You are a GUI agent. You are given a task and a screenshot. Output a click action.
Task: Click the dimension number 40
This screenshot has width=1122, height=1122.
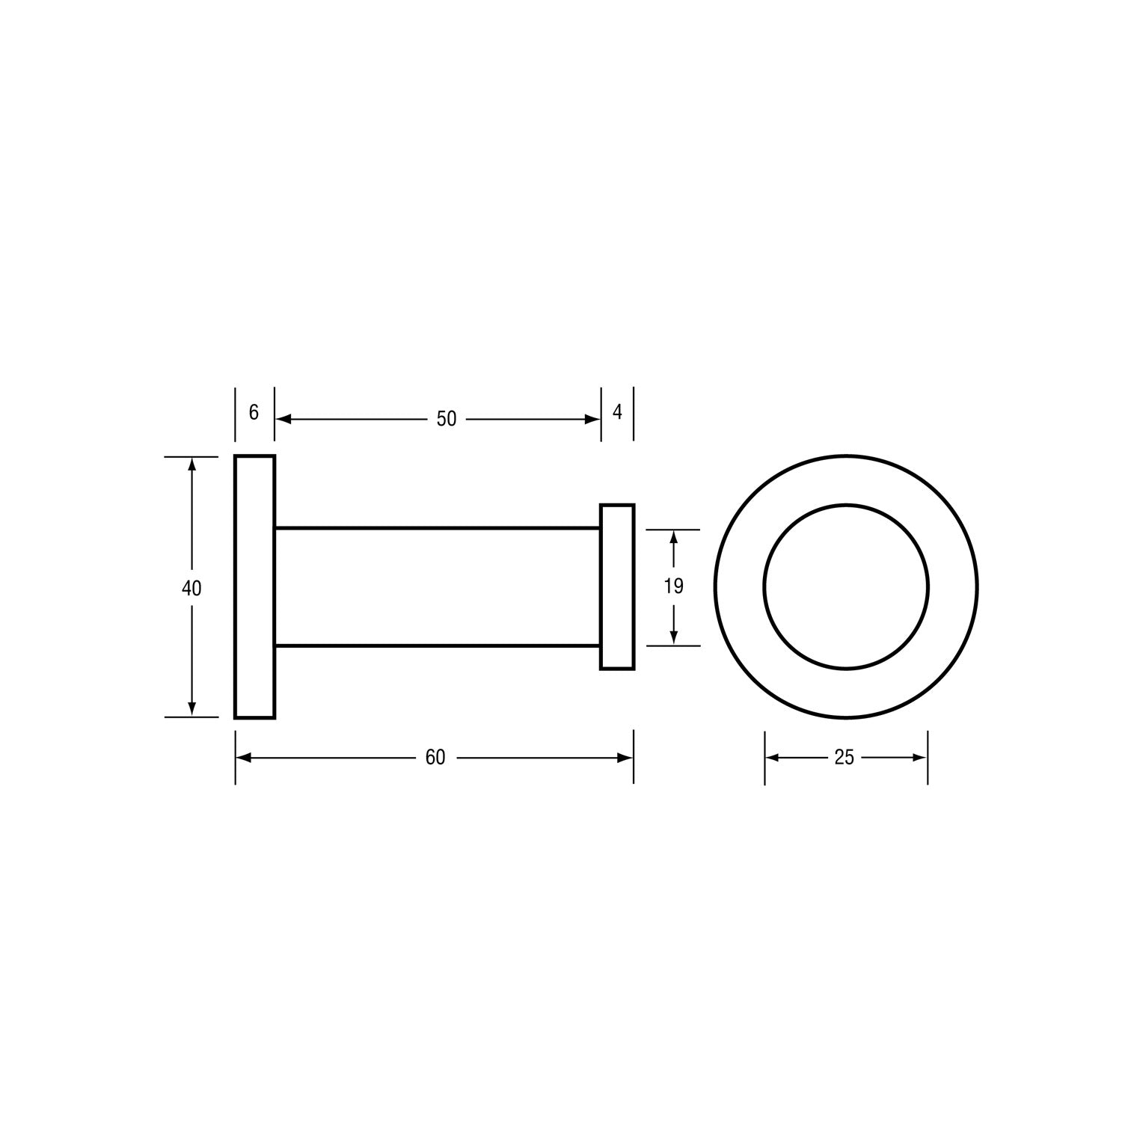[191, 589]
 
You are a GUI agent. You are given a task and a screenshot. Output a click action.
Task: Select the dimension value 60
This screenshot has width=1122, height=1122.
[435, 758]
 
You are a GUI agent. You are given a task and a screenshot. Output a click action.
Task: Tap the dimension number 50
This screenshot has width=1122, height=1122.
[446, 419]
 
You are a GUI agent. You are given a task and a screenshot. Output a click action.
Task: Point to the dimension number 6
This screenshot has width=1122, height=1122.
[254, 412]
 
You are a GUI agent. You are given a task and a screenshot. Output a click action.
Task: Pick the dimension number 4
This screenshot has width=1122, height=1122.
[618, 412]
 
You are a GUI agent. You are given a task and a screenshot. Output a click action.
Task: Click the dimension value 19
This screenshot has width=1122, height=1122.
[674, 586]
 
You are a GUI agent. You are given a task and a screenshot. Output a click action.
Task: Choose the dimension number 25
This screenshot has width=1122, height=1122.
[844, 758]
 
